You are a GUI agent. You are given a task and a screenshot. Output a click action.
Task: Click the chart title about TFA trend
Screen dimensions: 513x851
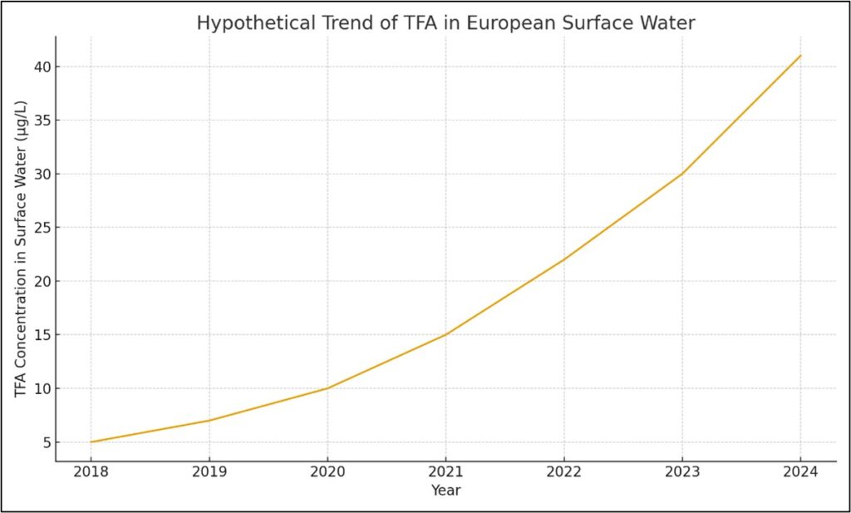coord(445,23)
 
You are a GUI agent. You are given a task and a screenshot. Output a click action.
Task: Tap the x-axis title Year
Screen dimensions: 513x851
coord(445,491)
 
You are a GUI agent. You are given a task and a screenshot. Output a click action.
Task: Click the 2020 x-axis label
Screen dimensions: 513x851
coord(327,472)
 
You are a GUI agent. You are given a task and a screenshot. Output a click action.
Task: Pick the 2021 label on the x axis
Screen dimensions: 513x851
coord(445,472)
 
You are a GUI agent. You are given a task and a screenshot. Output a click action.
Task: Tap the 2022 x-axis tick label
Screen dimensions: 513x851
coord(563,472)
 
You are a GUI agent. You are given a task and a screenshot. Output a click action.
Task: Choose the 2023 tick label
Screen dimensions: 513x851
coord(682,472)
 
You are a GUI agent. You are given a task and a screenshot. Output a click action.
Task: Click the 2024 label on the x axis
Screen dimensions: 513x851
coord(800,472)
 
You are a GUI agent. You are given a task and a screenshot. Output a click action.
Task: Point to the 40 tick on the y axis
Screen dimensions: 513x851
coord(41,67)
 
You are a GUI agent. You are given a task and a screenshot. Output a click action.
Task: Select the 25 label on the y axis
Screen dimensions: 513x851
coord(41,228)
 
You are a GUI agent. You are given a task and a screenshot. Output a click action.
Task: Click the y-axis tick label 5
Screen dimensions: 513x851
coord(45,442)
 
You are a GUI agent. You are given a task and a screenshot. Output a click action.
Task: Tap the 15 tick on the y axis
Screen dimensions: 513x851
coord(41,335)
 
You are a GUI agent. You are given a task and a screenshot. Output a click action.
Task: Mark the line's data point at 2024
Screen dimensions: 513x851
coord(800,56)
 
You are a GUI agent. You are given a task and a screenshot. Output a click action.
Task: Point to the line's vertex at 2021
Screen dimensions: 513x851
coord(445,335)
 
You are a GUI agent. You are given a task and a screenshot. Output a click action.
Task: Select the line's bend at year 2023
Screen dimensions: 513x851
coord(682,174)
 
